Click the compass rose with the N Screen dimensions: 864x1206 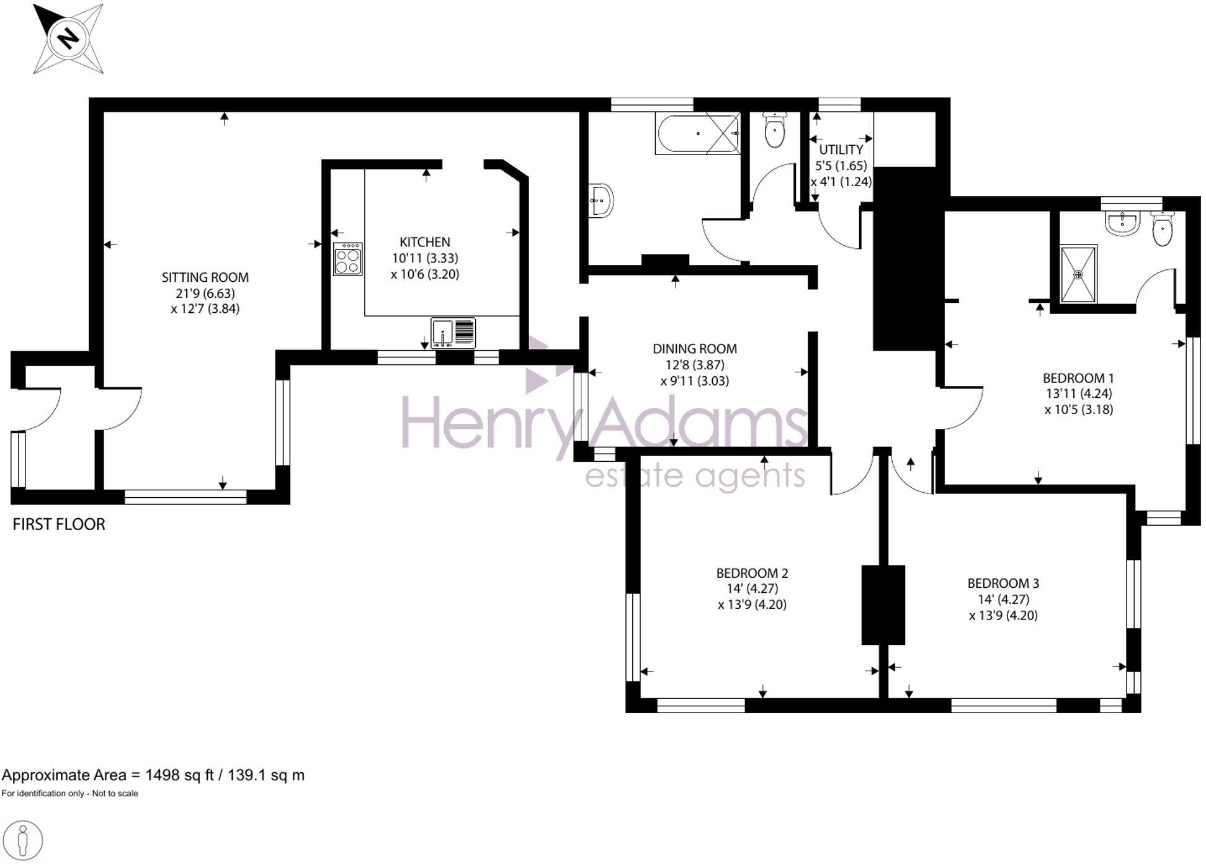[68, 38]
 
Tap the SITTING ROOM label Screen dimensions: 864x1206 [205, 277]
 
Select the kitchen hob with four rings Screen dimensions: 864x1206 [347, 259]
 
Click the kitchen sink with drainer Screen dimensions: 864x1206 [453, 333]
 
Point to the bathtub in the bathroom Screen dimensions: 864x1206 [697, 133]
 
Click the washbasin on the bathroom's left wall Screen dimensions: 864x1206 [601, 200]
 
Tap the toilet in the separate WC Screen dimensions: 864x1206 [775, 130]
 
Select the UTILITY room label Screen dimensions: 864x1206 [841, 150]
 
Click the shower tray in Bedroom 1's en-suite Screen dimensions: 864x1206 [1078, 274]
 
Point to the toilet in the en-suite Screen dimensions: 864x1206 [1162, 230]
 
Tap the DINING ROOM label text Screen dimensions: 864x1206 [694, 349]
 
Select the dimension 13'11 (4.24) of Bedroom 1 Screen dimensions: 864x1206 [1079, 394]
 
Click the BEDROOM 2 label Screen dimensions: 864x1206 [752, 573]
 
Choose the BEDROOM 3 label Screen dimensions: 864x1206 [1003, 583]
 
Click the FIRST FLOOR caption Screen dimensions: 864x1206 [59, 524]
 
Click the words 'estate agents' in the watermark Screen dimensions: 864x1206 [695, 477]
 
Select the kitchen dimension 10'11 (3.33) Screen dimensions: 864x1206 [425, 258]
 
